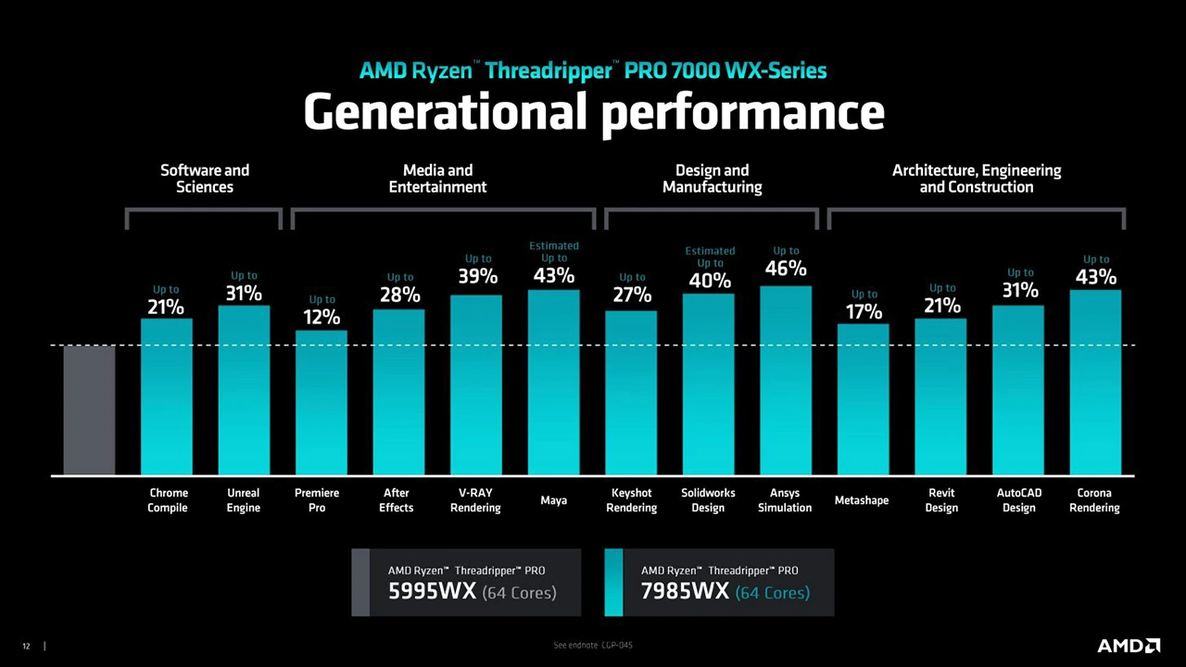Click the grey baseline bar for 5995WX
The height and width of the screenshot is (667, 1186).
pos(89,409)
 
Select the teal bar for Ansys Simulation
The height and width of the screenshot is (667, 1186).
pos(786,381)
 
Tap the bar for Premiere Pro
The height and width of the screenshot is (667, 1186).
pos(321,403)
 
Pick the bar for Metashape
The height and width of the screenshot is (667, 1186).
pos(863,399)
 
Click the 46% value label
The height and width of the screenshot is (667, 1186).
pos(786,269)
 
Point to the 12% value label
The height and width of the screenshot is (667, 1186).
pos(322,317)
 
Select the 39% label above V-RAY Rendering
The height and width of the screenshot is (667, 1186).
pos(477,276)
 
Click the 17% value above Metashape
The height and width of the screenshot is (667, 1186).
pos(864,311)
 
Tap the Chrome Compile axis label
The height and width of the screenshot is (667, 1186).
pos(168,500)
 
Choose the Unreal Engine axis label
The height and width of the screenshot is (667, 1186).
pos(244,500)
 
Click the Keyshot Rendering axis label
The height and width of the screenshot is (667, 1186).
pos(631,500)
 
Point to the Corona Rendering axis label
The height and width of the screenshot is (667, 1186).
pos(1094,500)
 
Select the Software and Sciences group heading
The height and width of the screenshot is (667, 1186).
pos(205,179)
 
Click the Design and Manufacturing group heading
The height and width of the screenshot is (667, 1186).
pos(712,179)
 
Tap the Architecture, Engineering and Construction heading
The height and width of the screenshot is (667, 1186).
pos(977,179)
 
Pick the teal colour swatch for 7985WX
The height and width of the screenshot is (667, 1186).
pos(613,583)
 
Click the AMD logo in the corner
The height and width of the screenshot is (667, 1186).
pos(1128,646)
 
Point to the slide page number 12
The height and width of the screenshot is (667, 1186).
pos(26,646)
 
